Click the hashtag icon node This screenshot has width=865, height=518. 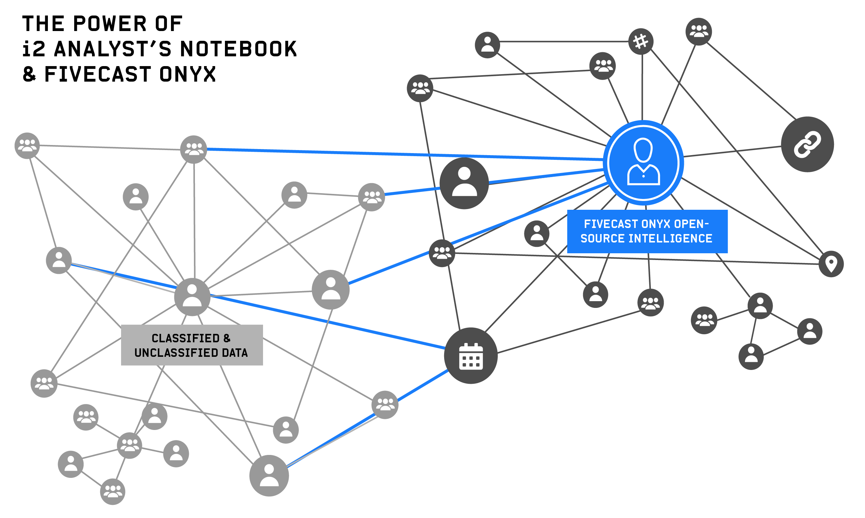click(641, 41)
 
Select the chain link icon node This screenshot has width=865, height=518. click(807, 144)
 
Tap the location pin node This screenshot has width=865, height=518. click(831, 264)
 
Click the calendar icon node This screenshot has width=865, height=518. click(470, 356)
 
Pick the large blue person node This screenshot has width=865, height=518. click(643, 163)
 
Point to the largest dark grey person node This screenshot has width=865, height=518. click(464, 183)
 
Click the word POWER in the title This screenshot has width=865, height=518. click(110, 24)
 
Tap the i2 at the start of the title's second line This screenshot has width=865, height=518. click(34, 49)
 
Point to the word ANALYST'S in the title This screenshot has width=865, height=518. click(113, 49)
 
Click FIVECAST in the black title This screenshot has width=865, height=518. click(98, 74)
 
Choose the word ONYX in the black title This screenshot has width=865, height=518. click(188, 74)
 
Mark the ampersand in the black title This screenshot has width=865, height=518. click(29, 74)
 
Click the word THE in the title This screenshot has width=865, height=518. click(43, 24)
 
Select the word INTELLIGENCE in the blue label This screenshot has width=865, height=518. click(670, 238)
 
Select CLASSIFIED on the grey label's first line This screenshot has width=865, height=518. click(185, 338)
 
